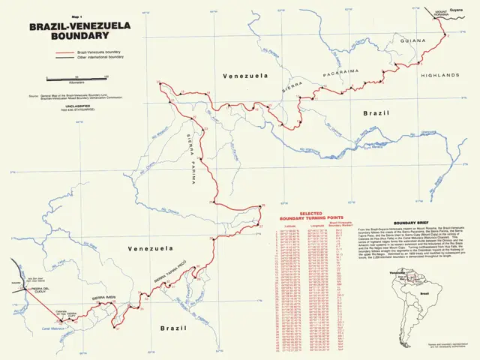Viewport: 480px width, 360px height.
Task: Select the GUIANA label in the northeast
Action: pyautogui.click(x=413, y=42)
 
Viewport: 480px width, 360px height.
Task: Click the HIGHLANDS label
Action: pyautogui.click(x=439, y=76)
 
